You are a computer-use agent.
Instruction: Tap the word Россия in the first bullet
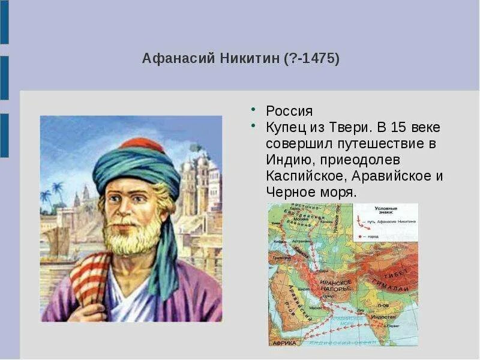[289, 112]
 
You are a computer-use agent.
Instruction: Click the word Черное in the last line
[290, 193]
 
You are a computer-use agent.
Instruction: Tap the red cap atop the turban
[142, 144]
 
